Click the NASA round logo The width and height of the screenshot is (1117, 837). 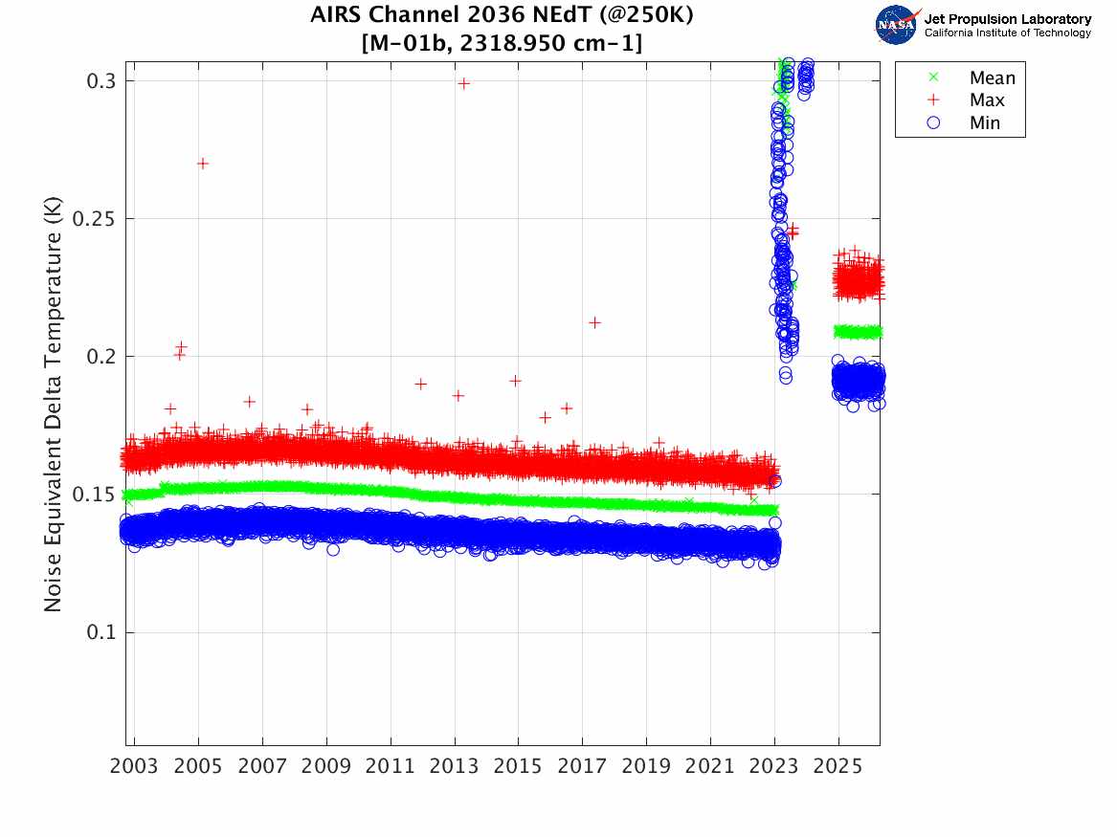tap(897, 25)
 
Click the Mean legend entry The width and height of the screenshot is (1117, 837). tap(991, 78)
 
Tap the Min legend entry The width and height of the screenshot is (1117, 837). tap(985, 122)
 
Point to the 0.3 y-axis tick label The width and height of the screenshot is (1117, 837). tap(100, 81)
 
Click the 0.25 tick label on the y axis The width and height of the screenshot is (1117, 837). tap(94, 219)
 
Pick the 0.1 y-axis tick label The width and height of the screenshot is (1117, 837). tap(100, 632)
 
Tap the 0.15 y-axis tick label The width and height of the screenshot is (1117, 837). tap(94, 495)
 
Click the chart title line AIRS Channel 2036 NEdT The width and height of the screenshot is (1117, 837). tap(503, 16)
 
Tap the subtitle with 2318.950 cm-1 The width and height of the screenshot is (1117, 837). tap(503, 43)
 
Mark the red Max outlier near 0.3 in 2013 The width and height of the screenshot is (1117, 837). tap(463, 83)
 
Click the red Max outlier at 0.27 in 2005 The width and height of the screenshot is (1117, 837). tap(203, 164)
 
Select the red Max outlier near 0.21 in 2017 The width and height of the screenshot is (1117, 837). tap(594, 322)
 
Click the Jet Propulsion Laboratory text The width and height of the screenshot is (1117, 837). tap(1007, 18)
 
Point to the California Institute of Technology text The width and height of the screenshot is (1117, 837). tap(1007, 33)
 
